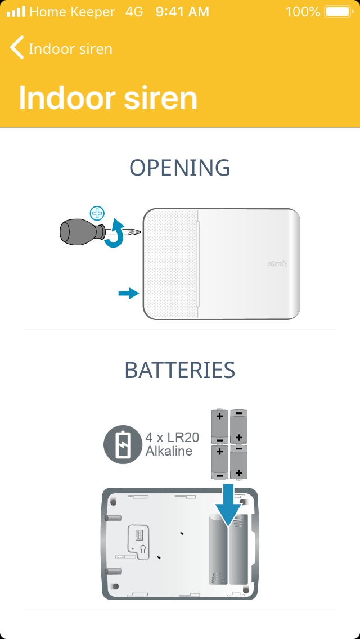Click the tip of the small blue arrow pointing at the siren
point(139,293)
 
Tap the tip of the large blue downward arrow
point(229,526)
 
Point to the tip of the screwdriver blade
point(140,233)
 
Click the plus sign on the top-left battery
point(220,416)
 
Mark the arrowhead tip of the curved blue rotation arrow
point(117,219)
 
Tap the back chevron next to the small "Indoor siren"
point(16,47)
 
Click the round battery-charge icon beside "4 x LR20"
point(123,444)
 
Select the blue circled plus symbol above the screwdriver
point(97,213)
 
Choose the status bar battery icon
point(338,12)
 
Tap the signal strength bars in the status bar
point(16,12)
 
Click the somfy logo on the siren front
point(277,263)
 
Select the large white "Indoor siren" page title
point(108,98)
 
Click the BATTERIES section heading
point(180,370)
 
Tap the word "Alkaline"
point(169,451)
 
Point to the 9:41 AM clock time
point(182,12)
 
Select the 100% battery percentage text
point(303,12)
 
